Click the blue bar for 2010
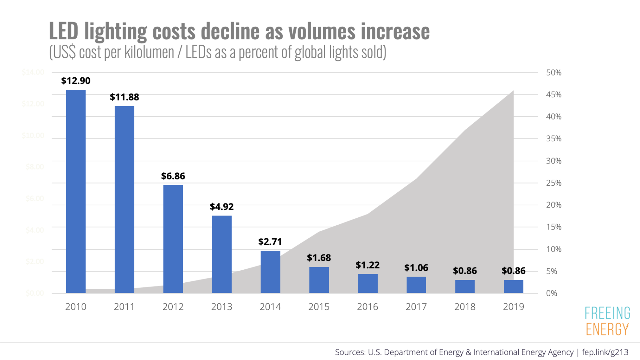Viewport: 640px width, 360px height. coord(76,192)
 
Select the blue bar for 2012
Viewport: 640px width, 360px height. coord(173,239)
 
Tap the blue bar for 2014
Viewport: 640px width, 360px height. coord(270,272)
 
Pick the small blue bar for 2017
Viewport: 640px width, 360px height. coord(416,285)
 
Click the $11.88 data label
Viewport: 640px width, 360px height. coord(124,97)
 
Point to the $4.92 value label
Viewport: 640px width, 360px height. coord(222,207)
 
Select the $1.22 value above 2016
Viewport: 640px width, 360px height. coord(367,265)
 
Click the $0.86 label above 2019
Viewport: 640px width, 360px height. coord(513,271)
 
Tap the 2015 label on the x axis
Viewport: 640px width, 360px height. coord(319,307)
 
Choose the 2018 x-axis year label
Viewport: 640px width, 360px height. coord(465,307)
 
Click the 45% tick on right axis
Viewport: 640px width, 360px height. coord(553,95)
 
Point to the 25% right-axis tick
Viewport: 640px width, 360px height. coord(553,183)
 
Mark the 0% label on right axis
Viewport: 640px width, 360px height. coord(551,293)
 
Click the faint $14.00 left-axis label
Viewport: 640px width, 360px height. coord(33,72)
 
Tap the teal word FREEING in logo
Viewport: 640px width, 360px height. coord(607,313)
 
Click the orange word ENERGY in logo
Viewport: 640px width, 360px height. coord(607,329)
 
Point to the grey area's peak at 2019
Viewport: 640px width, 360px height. coord(513,91)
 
